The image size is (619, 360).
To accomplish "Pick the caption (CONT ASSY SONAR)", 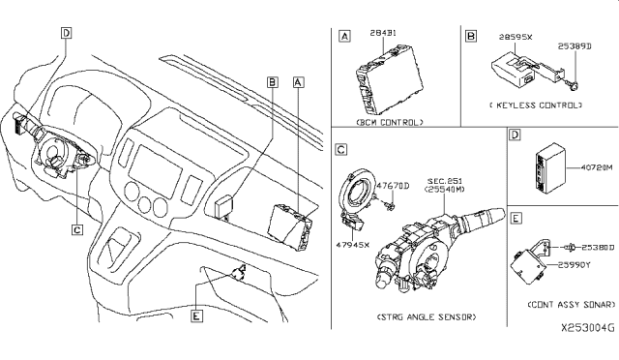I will (x=562, y=305).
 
